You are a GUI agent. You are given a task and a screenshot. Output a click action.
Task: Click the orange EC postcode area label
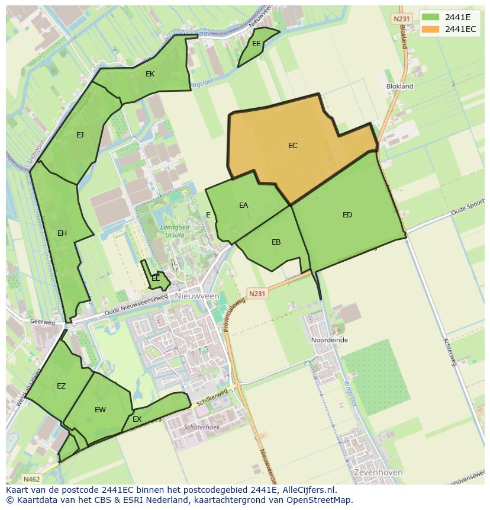[x=293, y=146]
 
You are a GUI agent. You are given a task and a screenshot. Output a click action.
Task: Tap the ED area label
[x=347, y=215]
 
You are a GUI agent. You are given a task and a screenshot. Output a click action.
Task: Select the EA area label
[x=243, y=206]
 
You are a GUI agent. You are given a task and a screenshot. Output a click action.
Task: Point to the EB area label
[x=276, y=242]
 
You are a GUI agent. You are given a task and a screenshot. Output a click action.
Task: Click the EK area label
[x=150, y=74]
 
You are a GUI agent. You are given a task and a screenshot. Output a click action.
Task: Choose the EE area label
[x=256, y=44]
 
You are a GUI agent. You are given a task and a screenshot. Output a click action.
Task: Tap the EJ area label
[x=80, y=135]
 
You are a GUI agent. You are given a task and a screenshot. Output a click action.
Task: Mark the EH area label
[x=62, y=233]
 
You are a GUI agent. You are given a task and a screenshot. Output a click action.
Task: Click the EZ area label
[x=61, y=386]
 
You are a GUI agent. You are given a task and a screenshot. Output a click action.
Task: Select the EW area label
[x=100, y=410]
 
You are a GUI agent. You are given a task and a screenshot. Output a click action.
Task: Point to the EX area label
[x=137, y=419]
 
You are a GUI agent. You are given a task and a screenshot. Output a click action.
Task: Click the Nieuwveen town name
[x=197, y=296]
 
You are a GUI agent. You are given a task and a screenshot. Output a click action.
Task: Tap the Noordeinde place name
[x=330, y=340]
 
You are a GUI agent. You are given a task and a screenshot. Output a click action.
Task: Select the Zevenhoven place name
[x=378, y=473]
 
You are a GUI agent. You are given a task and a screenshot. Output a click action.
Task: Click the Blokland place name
[x=399, y=86]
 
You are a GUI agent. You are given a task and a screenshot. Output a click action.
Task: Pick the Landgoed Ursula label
[x=172, y=231]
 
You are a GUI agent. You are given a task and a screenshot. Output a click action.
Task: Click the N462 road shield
[x=31, y=479]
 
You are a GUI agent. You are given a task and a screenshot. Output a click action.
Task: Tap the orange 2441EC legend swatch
[x=431, y=29]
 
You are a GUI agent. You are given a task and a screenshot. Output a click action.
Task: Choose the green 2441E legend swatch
[x=431, y=17]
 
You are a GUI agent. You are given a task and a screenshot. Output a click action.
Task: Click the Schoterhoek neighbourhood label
[x=202, y=426]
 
